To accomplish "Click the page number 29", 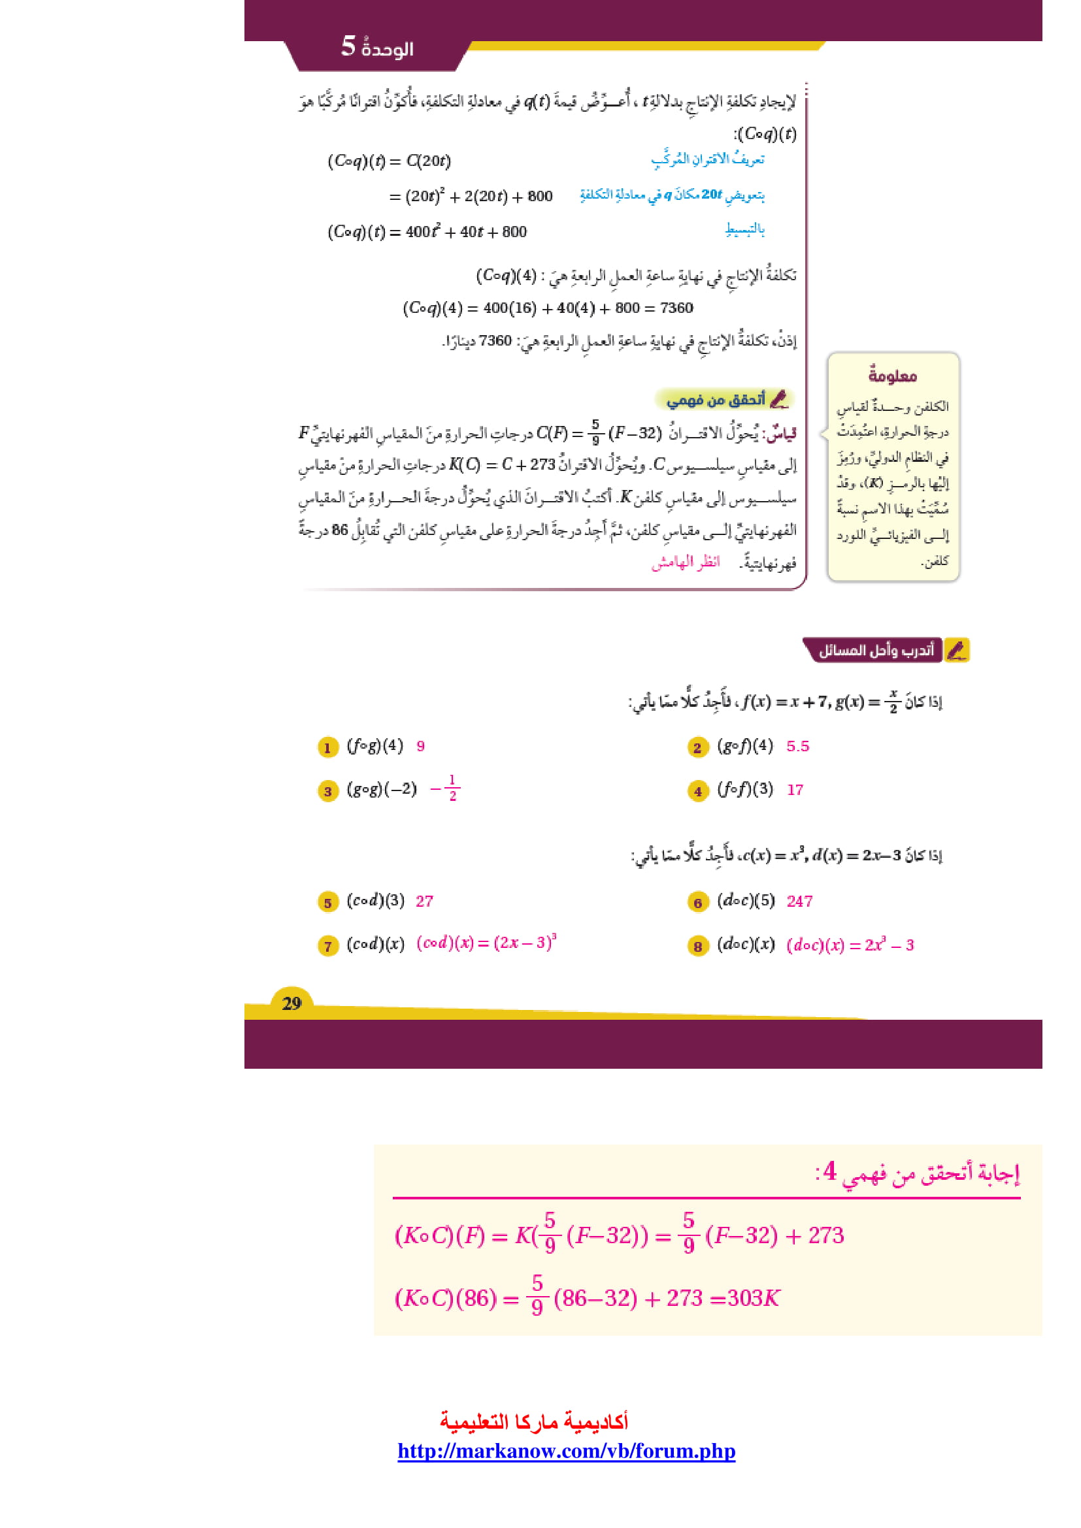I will click(291, 1003).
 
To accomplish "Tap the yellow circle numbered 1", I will click(327, 747).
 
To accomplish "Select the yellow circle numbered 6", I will click(697, 902).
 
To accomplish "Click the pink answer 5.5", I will click(797, 746).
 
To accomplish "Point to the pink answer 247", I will click(799, 901).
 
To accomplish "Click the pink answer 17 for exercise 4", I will click(795, 790).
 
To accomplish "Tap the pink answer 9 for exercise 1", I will click(421, 746).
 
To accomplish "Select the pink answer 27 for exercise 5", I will click(424, 901).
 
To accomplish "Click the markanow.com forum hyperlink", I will click(567, 1451).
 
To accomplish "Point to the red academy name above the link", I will click(534, 1422).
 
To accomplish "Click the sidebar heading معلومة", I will click(893, 376).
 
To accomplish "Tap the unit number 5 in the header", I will click(348, 46).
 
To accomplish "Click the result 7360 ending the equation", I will click(676, 308).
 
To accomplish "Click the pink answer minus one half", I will click(446, 788).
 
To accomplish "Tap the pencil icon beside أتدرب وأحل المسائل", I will click(957, 650).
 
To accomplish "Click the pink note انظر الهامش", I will click(686, 562).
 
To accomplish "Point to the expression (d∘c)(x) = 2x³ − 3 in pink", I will click(850, 945).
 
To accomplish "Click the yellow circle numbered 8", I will click(697, 946).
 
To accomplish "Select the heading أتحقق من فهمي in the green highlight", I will click(716, 399).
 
